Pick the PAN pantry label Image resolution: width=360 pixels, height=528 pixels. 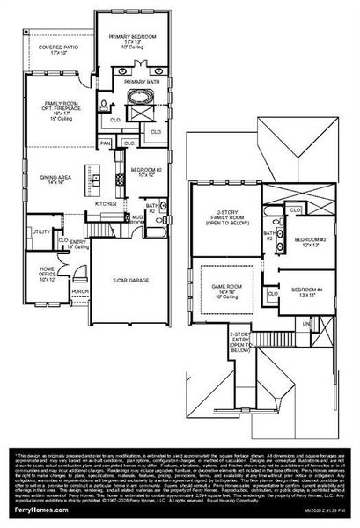(x=106, y=143)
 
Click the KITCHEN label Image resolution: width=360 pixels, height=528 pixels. (x=107, y=203)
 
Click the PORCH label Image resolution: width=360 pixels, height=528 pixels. (x=79, y=291)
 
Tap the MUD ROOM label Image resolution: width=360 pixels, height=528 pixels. (x=136, y=223)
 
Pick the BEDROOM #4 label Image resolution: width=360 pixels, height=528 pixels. (x=305, y=291)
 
